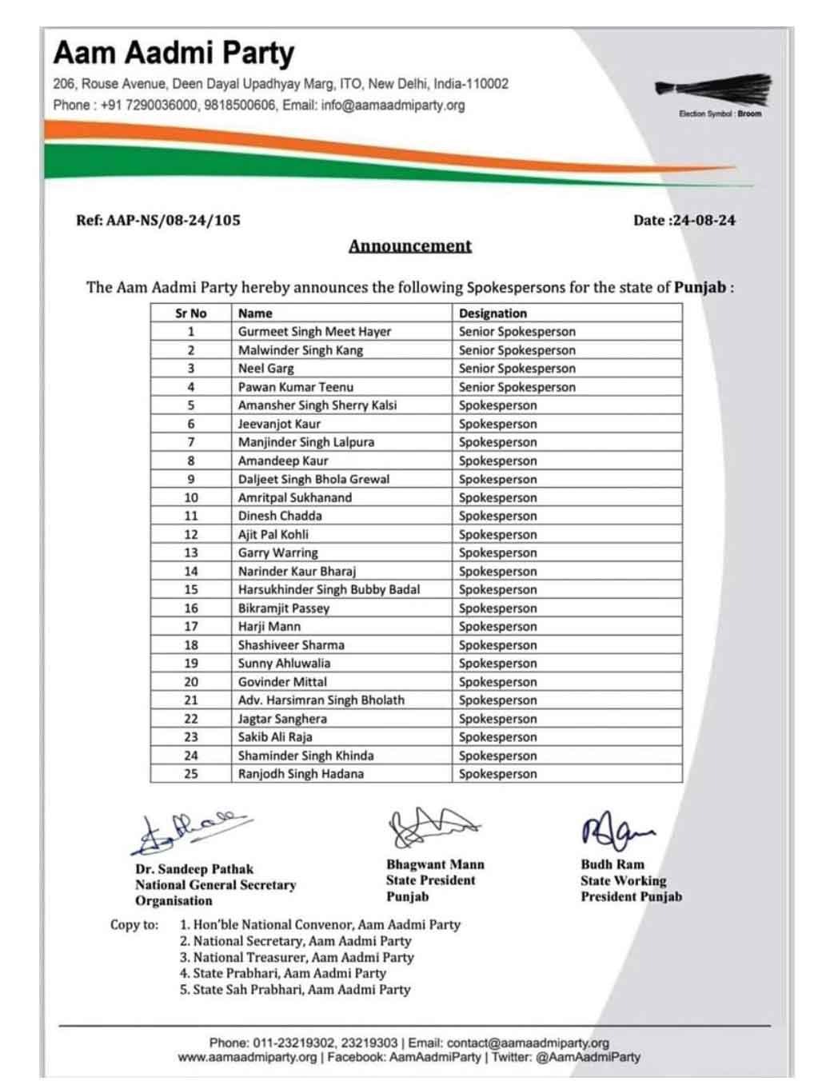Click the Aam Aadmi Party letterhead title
(x=174, y=54)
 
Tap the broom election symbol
(x=714, y=89)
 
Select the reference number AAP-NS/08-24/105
(x=158, y=221)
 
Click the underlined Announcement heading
(x=409, y=246)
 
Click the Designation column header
(x=493, y=313)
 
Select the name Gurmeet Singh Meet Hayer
(x=314, y=332)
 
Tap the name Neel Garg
(x=265, y=369)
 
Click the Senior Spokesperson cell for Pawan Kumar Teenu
(x=517, y=387)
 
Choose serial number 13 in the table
(x=191, y=552)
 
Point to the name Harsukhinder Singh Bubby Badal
(x=329, y=589)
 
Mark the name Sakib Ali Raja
(x=275, y=737)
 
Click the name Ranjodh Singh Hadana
(x=301, y=774)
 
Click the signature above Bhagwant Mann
(x=432, y=827)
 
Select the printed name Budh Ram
(x=612, y=864)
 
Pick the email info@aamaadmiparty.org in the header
(x=393, y=105)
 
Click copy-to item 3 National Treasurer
(x=296, y=957)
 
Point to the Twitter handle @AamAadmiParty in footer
(x=588, y=1057)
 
